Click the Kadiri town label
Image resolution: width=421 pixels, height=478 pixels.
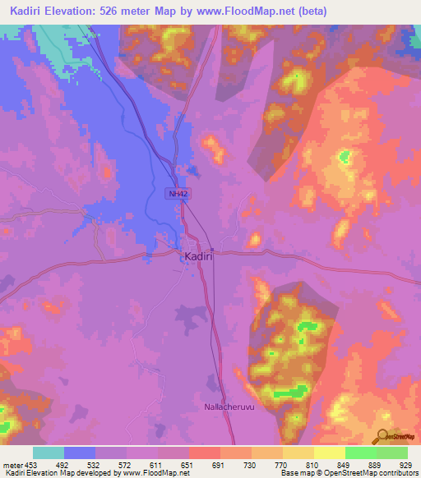point(200,257)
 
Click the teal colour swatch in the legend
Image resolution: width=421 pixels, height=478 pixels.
point(48,453)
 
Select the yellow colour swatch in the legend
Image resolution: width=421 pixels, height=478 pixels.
point(329,453)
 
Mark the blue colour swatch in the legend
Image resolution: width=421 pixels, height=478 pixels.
point(79,453)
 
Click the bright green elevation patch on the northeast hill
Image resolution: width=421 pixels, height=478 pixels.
point(344,156)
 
